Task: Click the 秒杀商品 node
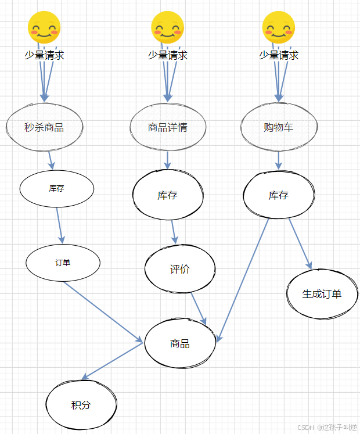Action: click(45, 127)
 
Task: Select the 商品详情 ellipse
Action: click(168, 127)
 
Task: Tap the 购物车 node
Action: click(279, 127)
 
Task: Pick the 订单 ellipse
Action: click(63, 263)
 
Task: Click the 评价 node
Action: click(179, 269)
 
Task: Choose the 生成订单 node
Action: click(322, 293)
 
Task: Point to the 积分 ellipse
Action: click(81, 405)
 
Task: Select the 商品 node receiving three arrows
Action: click(180, 343)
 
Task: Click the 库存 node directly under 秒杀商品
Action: click(56, 188)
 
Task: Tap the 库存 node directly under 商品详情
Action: click(168, 195)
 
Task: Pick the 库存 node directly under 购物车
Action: click(279, 195)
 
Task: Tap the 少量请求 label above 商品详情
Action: click(168, 55)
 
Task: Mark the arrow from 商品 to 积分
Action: click(114, 360)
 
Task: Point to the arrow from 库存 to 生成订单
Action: click(300, 243)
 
